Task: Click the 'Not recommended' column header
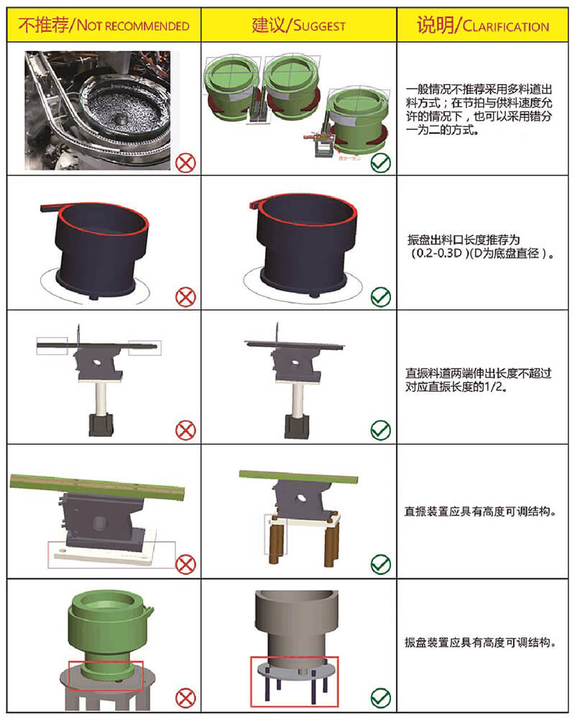[x=103, y=26]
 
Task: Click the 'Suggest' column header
[x=298, y=26]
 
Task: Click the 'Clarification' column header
[x=483, y=26]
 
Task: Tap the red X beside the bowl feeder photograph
[x=185, y=162]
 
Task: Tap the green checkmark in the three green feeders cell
[x=380, y=162]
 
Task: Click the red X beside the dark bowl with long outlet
[x=185, y=296]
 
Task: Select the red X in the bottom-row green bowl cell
[x=185, y=697]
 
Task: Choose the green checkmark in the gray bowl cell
[x=380, y=697]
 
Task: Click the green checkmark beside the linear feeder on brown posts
[x=380, y=564]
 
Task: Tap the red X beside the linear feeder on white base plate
[x=185, y=564]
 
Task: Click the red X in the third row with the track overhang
[x=185, y=430]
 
